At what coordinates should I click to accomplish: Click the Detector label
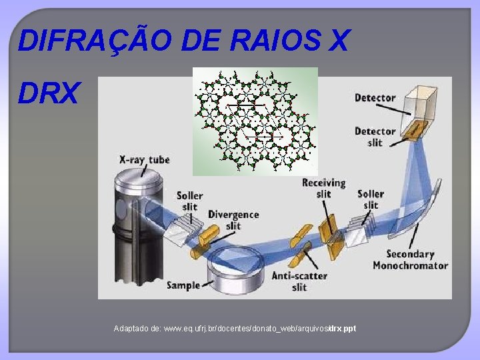click(x=375, y=98)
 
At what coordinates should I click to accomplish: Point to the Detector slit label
click(x=375, y=137)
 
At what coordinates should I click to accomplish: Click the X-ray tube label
click(x=145, y=159)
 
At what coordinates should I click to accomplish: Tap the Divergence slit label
click(x=233, y=220)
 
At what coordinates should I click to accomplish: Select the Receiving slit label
click(x=323, y=188)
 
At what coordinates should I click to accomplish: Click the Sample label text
click(x=183, y=285)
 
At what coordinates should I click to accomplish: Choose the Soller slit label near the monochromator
click(x=371, y=199)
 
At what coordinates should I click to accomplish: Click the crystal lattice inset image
click(x=255, y=121)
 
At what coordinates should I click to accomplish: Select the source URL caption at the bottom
click(x=235, y=329)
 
